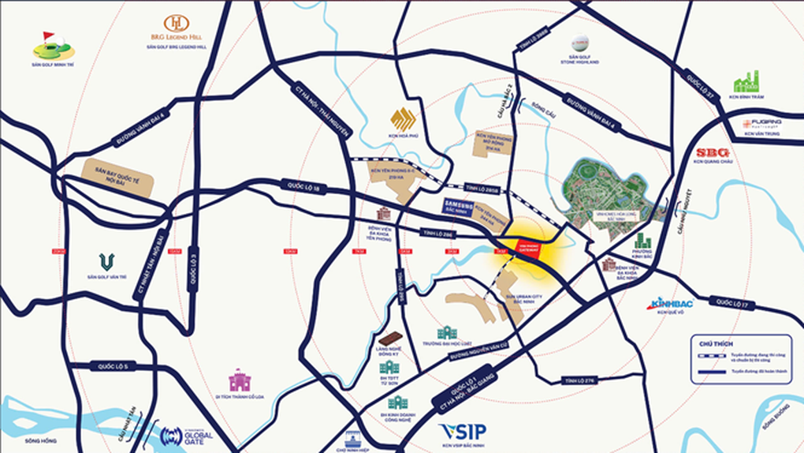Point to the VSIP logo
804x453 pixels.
tap(463, 431)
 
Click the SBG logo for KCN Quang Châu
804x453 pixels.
tap(713, 152)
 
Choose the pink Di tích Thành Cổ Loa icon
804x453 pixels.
tap(240, 380)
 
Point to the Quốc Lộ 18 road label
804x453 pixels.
tap(301, 186)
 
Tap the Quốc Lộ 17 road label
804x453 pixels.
tap(732, 303)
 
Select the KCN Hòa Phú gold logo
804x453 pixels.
tap(404, 120)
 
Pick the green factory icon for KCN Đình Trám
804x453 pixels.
tap(745, 81)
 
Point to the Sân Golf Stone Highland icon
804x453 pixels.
tap(580, 44)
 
